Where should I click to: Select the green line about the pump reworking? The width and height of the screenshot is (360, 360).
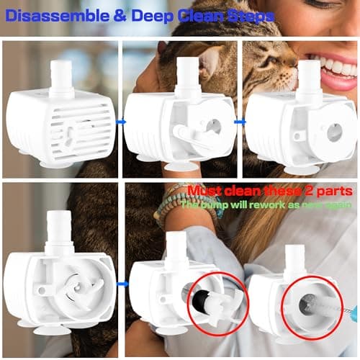tap(271, 204)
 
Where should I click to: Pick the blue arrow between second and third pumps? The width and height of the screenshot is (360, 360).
tap(240, 121)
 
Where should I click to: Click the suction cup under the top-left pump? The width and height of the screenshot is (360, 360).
tap(57, 164)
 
